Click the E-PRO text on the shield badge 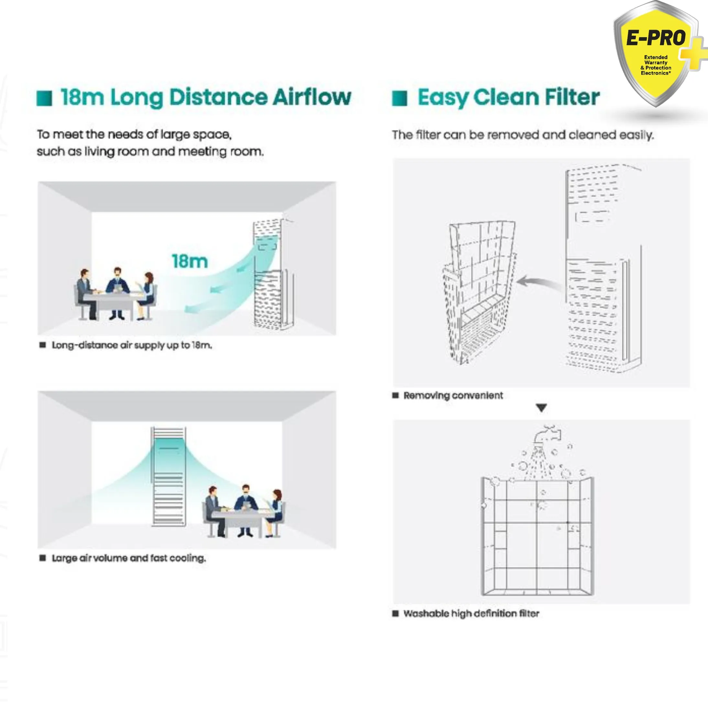coord(656,38)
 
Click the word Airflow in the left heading coord(312,97)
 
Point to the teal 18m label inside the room coord(190,261)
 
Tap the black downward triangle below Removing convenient coord(541,407)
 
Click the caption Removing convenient coord(453,395)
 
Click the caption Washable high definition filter coord(471,614)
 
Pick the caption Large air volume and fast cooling coord(129,558)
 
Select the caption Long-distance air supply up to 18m coord(132,345)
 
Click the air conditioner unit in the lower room coord(168,476)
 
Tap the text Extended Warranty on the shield coord(656,60)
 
